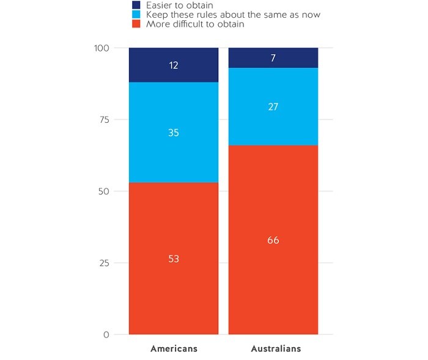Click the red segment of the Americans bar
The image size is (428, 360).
click(x=174, y=287)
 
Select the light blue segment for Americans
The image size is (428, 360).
click(x=174, y=153)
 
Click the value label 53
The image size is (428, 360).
click(x=174, y=259)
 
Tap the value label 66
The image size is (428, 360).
click(x=273, y=240)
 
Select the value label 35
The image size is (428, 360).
click(x=174, y=132)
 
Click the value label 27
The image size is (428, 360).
click(x=273, y=106)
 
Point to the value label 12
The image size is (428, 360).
click(x=174, y=65)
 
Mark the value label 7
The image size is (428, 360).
click(x=273, y=57)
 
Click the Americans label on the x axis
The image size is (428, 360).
click(x=174, y=349)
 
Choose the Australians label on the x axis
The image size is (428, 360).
click(x=276, y=349)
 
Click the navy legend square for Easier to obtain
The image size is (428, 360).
click(x=136, y=5)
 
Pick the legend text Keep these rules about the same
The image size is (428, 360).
click(x=233, y=14)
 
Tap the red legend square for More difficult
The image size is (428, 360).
click(x=136, y=24)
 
